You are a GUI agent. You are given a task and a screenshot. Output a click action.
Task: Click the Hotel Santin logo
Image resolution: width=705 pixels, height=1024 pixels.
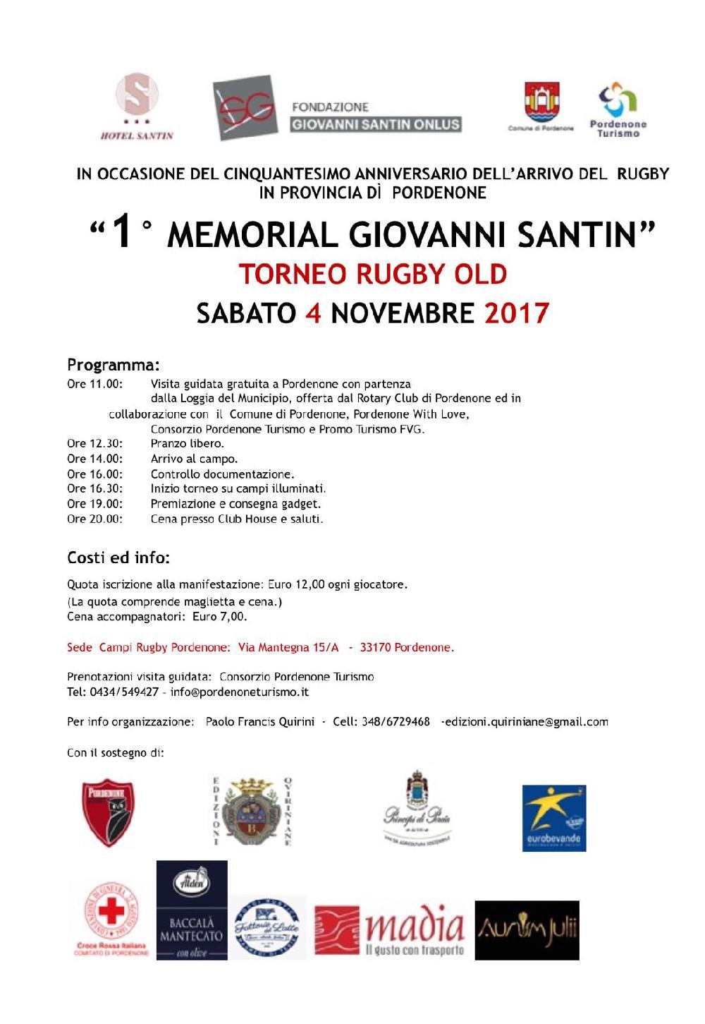tap(137, 106)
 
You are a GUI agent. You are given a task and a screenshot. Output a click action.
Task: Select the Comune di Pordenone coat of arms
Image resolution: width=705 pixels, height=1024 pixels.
tap(541, 103)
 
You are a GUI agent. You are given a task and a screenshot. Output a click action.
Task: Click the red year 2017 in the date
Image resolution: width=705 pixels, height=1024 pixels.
tap(516, 313)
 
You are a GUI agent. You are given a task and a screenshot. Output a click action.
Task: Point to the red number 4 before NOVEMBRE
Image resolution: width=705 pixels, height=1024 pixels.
tap(313, 313)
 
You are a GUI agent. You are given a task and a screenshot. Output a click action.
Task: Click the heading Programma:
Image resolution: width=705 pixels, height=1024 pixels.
tap(113, 365)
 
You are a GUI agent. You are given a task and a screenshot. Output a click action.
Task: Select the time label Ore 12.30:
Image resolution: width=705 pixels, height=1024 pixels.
tap(94, 443)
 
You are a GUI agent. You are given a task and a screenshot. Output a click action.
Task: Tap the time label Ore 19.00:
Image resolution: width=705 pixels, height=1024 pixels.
tap(94, 504)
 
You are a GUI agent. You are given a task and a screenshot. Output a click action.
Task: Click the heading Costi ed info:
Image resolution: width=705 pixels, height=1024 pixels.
tap(118, 558)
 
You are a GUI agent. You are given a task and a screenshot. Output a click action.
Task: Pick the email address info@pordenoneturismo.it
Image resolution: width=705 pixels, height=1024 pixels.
tap(240, 692)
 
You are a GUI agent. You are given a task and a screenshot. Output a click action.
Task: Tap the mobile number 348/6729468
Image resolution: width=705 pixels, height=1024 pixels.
tap(396, 722)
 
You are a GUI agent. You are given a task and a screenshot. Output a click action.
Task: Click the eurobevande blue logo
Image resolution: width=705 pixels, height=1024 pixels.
tap(554, 817)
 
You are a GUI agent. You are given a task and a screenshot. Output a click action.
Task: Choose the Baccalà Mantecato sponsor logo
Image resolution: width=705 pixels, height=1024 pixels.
tap(192, 910)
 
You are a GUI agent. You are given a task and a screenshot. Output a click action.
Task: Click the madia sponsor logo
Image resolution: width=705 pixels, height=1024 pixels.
tap(390, 931)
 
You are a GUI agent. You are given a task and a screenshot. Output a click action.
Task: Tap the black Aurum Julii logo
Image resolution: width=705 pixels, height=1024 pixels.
tap(527, 930)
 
